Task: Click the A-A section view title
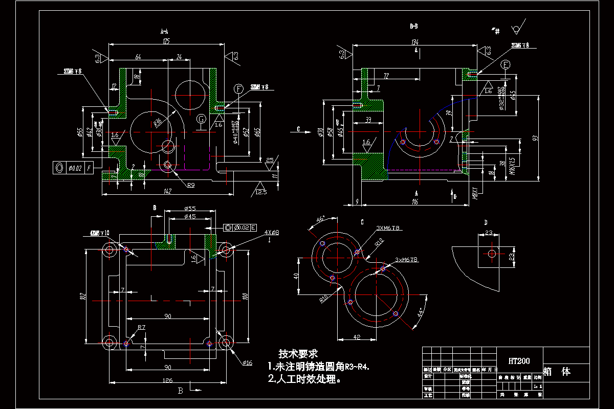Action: pos(165,31)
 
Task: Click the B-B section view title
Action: pos(414,25)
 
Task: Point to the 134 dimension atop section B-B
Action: pos(415,42)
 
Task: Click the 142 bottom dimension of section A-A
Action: pos(168,191)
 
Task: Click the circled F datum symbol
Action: pos(238,88)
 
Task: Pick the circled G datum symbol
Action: pos(202,119)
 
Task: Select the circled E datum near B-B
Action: pos(506,65)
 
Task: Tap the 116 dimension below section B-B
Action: pos(415,202)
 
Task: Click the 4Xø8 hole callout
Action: pos(271,233)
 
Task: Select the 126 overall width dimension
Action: pos(167,380)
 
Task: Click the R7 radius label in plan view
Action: pos(142,327)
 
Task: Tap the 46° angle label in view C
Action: pos(320,219)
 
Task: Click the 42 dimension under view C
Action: pos(357,337)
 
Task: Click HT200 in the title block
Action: pos(519,361)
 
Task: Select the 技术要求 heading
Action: pos(298,353)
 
